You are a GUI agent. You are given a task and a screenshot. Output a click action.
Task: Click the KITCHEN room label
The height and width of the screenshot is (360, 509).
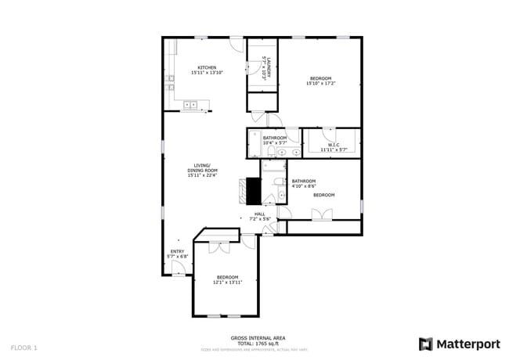click(207, 67)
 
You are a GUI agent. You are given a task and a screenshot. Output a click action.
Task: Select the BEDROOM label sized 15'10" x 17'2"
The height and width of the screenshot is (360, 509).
click(320, 78)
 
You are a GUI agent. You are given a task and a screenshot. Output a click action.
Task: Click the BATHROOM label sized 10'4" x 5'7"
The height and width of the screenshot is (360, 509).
click(275, 139)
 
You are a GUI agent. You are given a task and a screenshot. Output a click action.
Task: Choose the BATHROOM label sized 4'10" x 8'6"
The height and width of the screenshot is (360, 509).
click(303, 181)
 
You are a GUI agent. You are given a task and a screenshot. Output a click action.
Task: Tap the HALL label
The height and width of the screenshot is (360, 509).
click(259, 213)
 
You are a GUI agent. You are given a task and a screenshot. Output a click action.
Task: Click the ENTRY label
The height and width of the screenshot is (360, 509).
click(177, 251)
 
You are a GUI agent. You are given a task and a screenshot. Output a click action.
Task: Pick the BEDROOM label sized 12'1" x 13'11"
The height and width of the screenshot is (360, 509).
click(227, 277)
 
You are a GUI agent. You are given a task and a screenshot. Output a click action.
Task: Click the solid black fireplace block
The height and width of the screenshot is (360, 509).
click(253, 190)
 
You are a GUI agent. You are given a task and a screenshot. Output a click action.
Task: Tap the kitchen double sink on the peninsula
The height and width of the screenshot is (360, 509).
click(190, 103)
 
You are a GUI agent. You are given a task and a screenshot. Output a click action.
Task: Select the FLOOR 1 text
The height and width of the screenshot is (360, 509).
click(24, 347)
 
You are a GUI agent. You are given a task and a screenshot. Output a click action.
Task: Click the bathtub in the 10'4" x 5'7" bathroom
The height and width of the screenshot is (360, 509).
click(256, 144)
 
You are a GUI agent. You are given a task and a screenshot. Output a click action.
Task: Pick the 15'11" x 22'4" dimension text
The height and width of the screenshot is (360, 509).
click(202, 175)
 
